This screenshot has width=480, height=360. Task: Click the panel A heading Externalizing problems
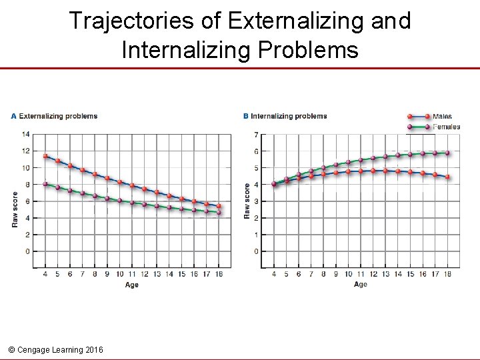tap(58, 116)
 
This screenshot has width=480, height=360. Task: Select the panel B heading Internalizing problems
tap(289, 116)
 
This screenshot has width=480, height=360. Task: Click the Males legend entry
tap(442, 117)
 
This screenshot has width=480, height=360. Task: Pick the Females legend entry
tap(446, 127)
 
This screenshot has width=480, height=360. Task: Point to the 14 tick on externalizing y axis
tap(25, 134)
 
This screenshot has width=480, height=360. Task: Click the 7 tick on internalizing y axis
tap(255, 135)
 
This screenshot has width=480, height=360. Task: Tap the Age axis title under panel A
tap(132, 285)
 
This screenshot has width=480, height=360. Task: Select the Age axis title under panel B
tap(360, 285)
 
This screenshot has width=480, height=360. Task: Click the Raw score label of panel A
tap(15, 209)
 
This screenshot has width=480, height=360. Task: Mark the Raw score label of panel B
tap(247, 201)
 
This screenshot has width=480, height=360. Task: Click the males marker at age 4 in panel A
tap(45, 156)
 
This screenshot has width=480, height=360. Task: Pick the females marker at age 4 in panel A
tap(45, 184)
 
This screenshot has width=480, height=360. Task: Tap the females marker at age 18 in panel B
tap(447, 153)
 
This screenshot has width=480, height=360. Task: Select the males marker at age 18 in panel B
tap(447, 177)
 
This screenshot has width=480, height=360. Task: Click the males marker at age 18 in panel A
tap(219, 206)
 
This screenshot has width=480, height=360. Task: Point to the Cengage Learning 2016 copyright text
tap(57, 349)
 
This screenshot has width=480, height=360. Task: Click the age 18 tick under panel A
tap(219, 274)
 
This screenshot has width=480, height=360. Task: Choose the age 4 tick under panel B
tap(274, 274)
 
